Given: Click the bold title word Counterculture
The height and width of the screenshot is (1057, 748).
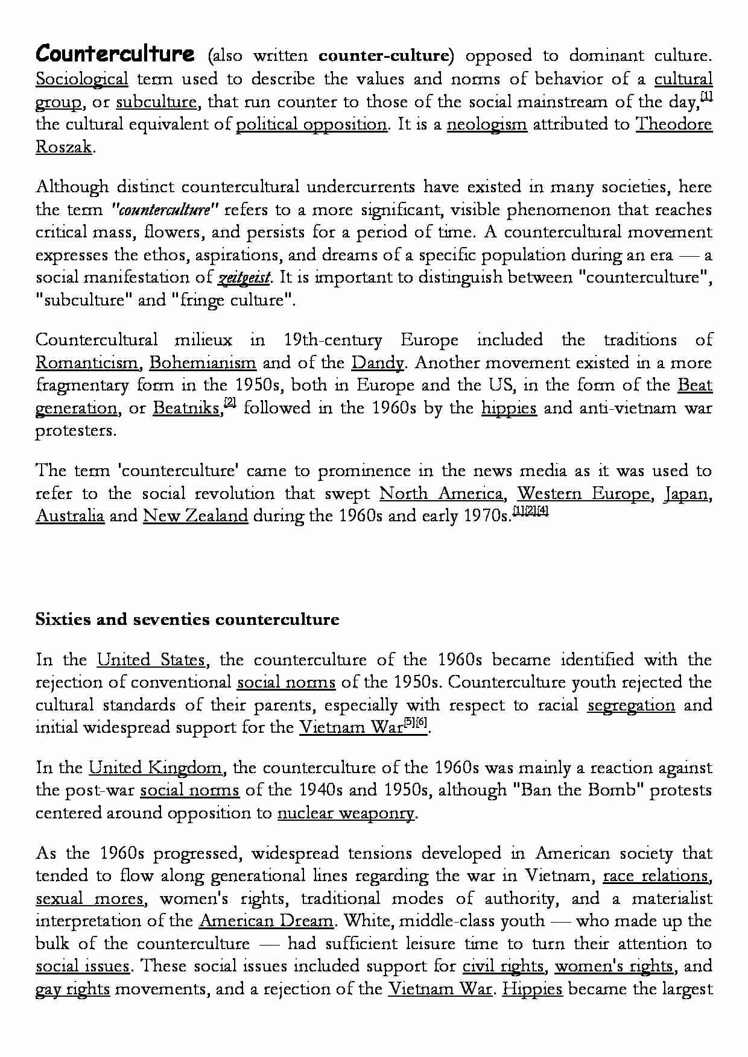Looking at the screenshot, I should coord(115,54).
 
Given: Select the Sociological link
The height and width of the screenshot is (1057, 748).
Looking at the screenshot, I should coord(81,80).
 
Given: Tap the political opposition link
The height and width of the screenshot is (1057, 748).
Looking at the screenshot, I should coord(311,125).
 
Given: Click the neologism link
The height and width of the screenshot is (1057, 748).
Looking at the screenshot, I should coord(487,125).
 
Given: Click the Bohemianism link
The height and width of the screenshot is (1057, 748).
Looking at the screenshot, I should coord(203,363).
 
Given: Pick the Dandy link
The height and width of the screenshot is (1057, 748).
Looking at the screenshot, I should coord(378,363).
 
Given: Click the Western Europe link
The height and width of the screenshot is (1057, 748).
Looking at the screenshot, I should coord(583,494).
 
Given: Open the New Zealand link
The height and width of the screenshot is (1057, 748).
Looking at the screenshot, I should coord(195,516).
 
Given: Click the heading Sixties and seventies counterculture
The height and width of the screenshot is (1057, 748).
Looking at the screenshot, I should coord(187,619).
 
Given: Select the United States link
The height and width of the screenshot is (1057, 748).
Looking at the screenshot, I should coord(152,660).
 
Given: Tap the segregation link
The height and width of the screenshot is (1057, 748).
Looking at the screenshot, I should coord(631,705).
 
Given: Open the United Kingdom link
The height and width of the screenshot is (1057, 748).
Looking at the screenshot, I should coord(156,768).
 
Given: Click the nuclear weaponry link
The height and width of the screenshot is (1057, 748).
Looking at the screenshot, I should coord(346,814).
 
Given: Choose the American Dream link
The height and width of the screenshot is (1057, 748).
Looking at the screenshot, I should coord(266,921).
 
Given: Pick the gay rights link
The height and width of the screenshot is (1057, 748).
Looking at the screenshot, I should coord(72,990).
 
